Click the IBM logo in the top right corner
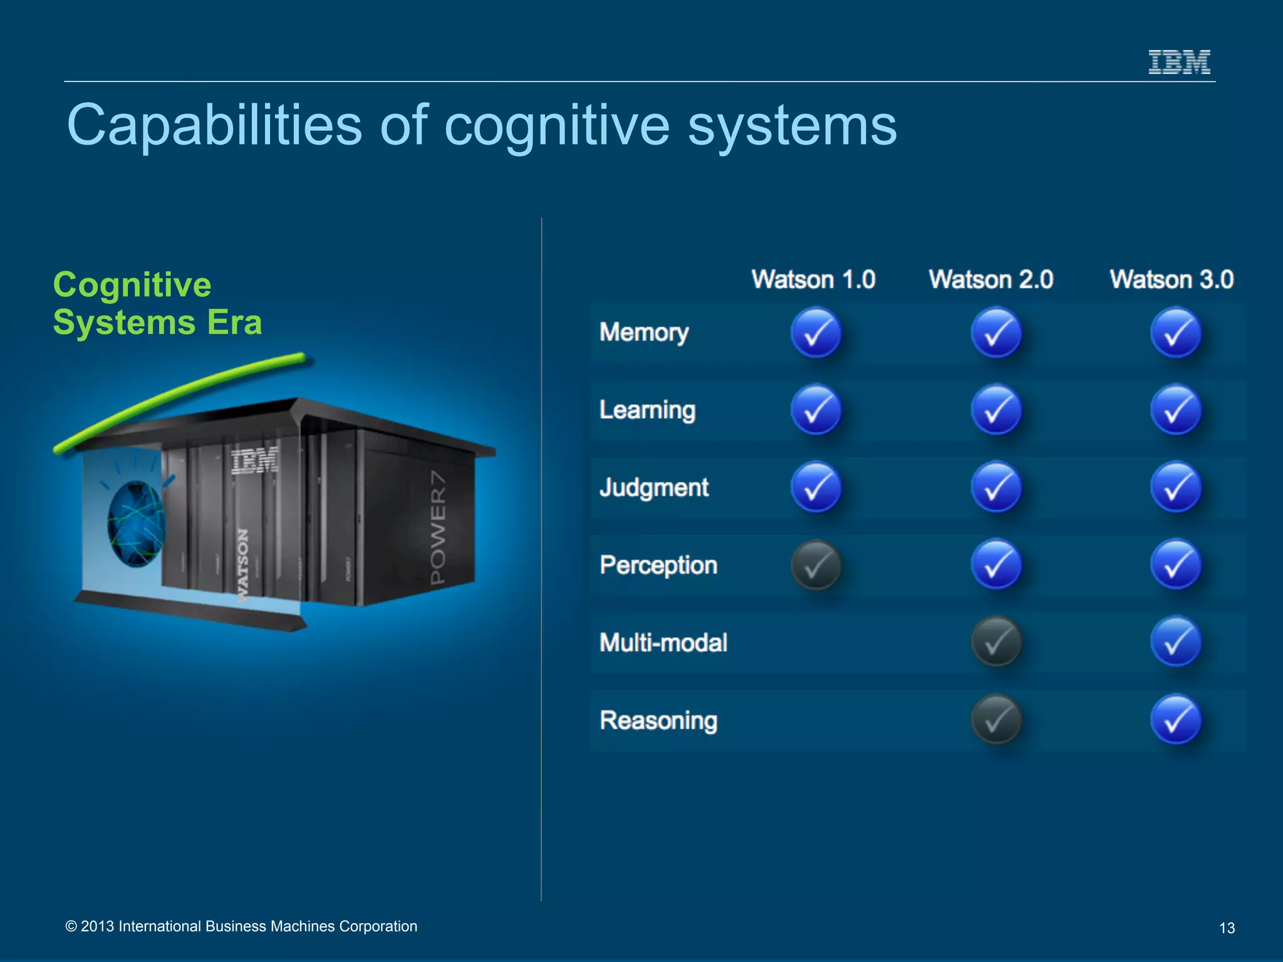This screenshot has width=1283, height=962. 1179,62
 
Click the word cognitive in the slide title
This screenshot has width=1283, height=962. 557,126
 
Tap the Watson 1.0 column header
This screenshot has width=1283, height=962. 813,279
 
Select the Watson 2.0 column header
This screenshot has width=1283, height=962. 991,279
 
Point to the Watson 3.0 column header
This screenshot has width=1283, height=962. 1171,279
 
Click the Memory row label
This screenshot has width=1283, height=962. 644,332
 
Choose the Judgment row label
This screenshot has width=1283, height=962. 654,487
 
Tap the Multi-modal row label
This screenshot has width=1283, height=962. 663,643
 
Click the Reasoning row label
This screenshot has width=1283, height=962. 658,720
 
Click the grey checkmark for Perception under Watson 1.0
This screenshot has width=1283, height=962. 816,566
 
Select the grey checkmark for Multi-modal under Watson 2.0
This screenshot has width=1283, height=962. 996,642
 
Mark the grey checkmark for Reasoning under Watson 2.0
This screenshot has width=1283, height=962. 996,720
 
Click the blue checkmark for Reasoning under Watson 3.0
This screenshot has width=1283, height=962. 1176,720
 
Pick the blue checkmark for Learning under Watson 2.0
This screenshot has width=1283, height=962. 996,410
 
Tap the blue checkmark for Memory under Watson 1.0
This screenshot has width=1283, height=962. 816,333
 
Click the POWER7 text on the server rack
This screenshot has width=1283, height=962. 438,527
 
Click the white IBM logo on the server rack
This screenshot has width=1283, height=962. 255,461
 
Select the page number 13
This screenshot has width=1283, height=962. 1227,928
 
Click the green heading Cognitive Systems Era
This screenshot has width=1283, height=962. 157,304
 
